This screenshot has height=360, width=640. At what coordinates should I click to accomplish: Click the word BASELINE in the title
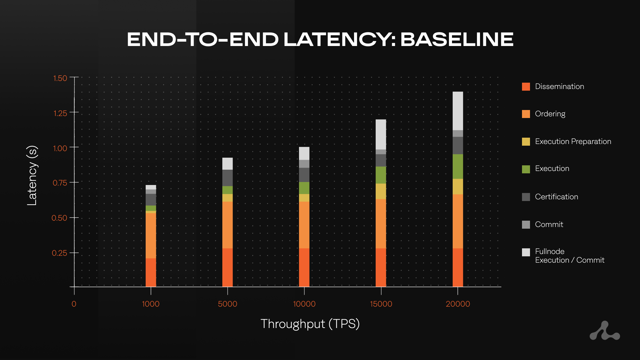[456, 39]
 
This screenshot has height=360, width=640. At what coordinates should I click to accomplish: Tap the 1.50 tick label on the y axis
[60, 78]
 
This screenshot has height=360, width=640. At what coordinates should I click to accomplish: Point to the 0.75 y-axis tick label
[60, 183]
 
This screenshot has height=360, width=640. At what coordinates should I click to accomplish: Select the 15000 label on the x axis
[381, 304]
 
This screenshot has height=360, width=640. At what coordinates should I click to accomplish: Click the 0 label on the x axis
[74, 304]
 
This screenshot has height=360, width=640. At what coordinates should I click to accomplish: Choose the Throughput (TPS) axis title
[310, 324]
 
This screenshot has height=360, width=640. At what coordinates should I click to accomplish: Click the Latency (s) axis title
[32, 175]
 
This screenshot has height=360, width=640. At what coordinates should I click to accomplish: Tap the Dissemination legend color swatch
[526, 87]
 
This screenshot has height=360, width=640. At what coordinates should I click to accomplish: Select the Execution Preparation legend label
[573, 141]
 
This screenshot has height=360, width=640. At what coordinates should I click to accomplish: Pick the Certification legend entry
[556, 197]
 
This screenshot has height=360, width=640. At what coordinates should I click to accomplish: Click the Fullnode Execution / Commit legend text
[569, 256]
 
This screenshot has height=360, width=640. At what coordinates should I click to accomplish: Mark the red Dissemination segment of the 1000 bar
[151, 272]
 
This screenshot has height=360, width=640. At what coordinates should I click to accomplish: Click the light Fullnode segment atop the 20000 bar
[458, 111]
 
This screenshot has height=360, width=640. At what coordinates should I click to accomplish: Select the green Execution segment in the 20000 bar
[458, 166]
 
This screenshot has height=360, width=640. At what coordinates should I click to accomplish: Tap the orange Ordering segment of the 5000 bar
[227, 225]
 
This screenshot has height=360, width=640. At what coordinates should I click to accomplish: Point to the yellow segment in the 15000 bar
[381, 191]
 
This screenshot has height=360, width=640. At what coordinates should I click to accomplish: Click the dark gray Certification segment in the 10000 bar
[304, 175]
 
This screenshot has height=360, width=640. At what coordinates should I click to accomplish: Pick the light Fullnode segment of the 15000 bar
[381, 134]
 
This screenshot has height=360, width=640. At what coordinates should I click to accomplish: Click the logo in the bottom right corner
[605, 331]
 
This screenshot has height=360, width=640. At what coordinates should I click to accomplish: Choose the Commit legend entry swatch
[526, 225]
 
